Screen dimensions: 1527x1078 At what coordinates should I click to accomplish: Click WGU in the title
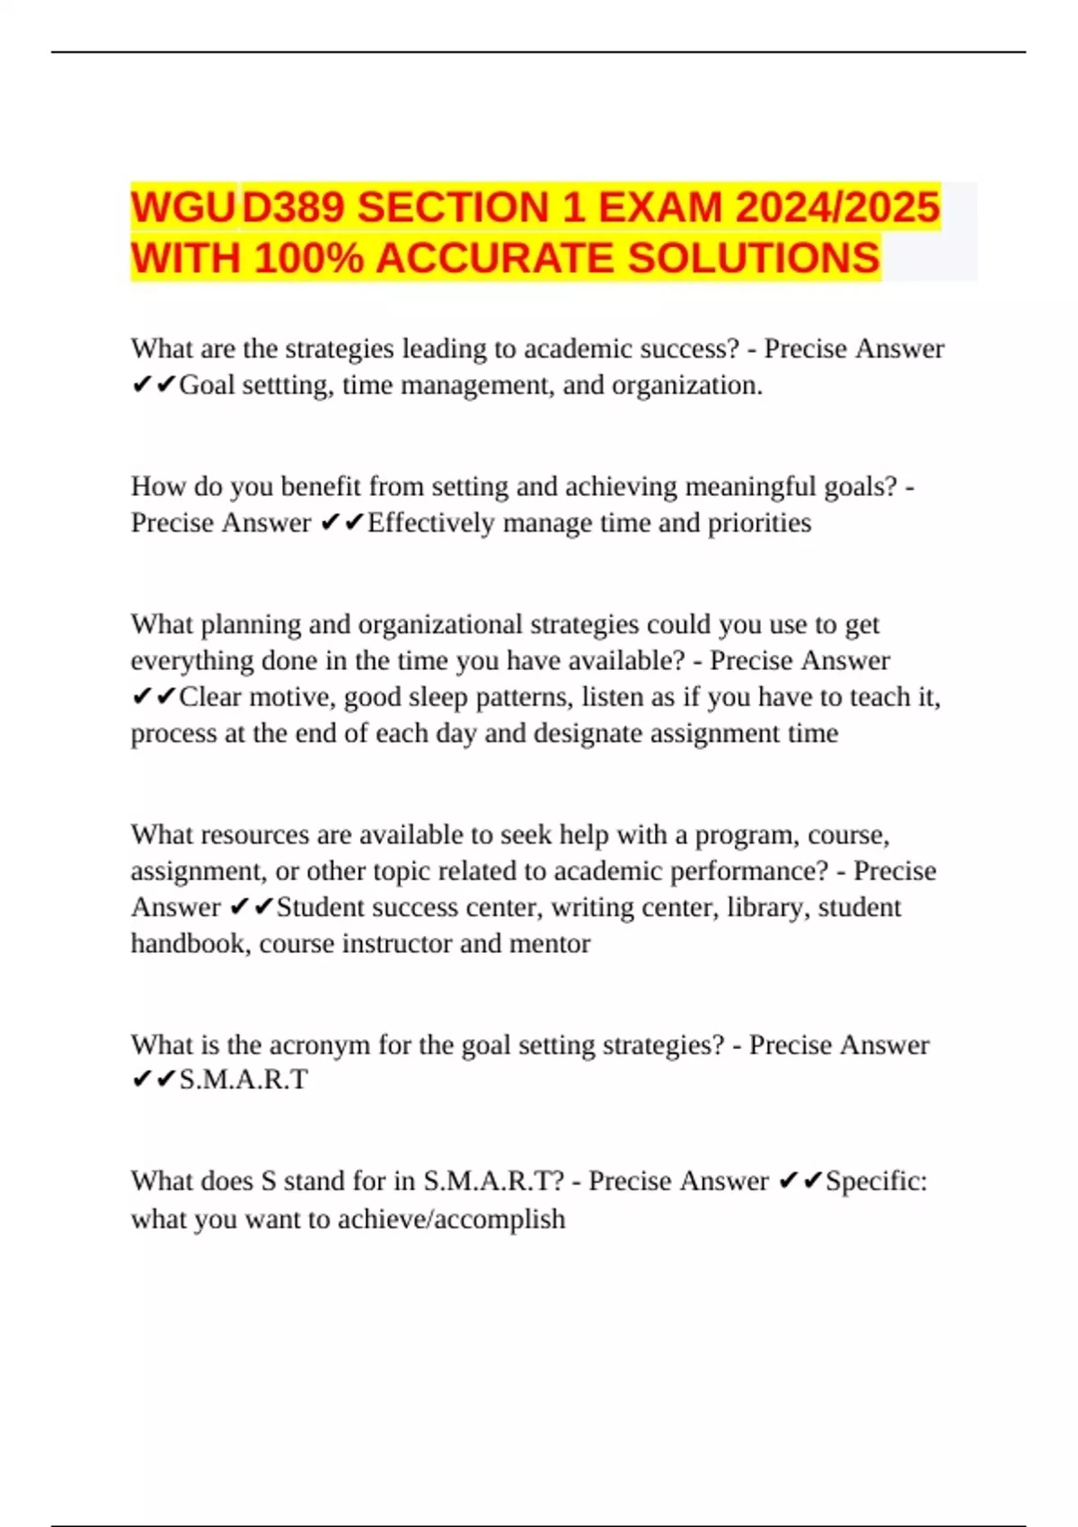[x=184, y=207]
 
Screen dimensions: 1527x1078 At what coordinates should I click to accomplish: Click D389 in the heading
[x=294, y=207]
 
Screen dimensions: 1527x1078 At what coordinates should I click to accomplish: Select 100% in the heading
[x=309, y=259]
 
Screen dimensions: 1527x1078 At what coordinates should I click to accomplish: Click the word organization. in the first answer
[x=687, y=385]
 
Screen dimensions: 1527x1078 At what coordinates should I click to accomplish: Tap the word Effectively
[x=431, y=523]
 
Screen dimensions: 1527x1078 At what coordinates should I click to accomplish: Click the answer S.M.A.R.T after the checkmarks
[x=243, y=1080]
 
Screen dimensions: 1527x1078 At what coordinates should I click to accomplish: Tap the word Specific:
[x=877, y=1180]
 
